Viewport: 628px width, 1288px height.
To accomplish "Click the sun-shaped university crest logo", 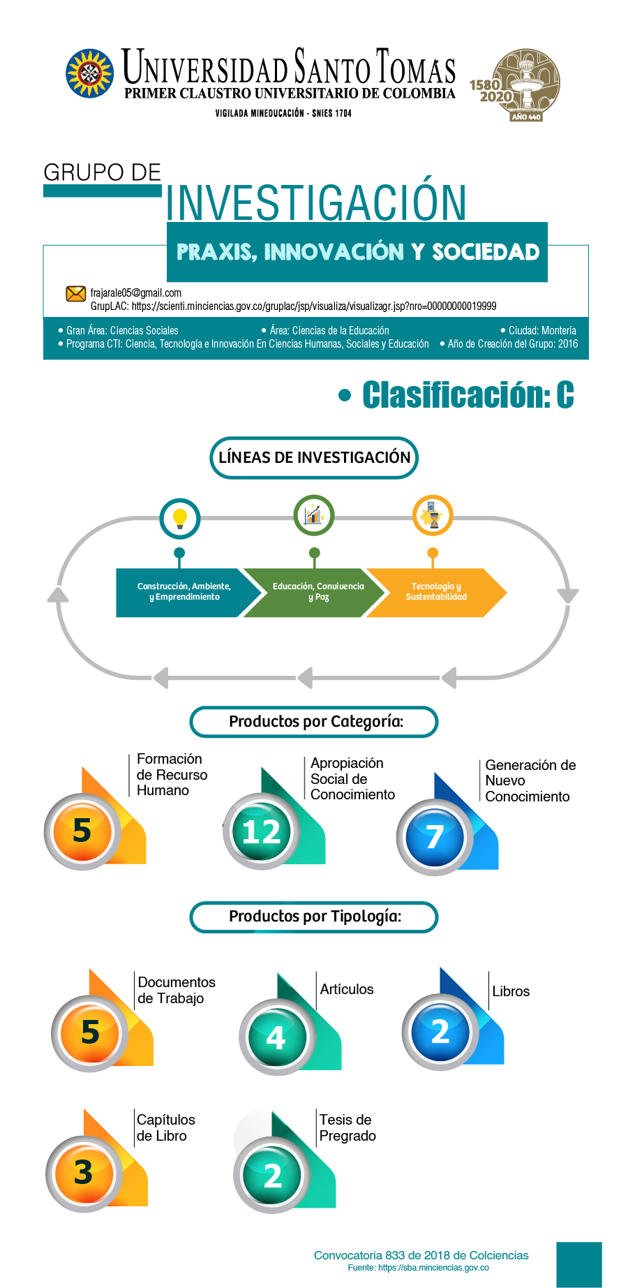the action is click(x=89, y=73).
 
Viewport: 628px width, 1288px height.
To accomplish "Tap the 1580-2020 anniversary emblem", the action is click(x=516, y=84).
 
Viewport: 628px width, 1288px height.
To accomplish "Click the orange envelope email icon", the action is click(x=75, y=293).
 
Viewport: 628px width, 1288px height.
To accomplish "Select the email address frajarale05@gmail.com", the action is click(x=136, y=293).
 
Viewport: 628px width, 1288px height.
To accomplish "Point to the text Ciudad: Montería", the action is click(x=542, y=330).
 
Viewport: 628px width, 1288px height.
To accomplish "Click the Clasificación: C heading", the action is click(x=468, y=394).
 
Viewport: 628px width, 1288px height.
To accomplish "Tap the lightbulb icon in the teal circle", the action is click(x=180, y=519).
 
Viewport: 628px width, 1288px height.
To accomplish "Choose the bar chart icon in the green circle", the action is click(x=314, y=515).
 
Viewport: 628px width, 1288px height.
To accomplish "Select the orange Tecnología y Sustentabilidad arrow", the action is click(x=437, y=593).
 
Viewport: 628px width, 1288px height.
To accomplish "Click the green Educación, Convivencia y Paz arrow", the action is click(x=315, y=593).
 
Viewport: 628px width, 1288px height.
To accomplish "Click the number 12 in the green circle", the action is click(x=262, y=832).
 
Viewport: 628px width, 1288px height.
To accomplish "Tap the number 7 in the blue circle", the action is click(x=435, y=837).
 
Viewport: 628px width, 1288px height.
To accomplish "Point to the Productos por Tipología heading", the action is click(x=315, y=917).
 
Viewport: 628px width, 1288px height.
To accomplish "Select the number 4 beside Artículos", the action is click(x=276, y=1038).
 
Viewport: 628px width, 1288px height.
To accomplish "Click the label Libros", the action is click(x=511, y=991).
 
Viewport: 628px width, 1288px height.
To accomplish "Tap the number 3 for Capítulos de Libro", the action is click(x=84, y=1173).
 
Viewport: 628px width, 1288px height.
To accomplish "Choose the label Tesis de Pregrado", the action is click(x=347, y=1127).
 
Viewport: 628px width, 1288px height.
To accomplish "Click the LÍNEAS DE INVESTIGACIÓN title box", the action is click(x=314, y=458).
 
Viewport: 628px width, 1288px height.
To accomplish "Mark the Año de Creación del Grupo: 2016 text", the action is click(x=513, y=343).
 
